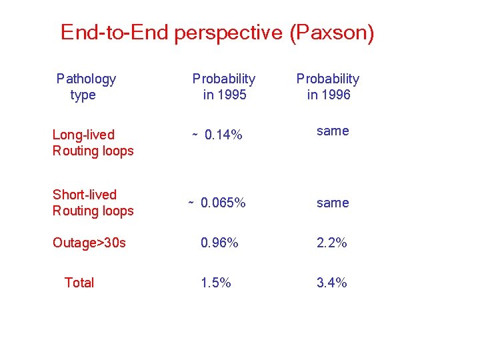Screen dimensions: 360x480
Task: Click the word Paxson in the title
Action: pyautogui.click(x=332, y=33)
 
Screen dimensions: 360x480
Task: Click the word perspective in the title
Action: pyautogui.click(x=229, y=33)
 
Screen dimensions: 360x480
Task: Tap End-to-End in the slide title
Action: pyautogui.click(x=115, y=33)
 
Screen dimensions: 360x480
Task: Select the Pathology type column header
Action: pyautogui.click(x=85, y=87)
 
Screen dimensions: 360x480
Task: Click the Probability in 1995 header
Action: pyautogui.click(x=224, y=87)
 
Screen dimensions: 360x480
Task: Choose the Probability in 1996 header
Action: pyautogui.click(x=328, y=87)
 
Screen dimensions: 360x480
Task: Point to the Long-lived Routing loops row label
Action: pyautogui.click(x=93, y=143)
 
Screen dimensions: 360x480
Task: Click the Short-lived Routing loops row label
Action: pyautogui.click(x=93, y=203)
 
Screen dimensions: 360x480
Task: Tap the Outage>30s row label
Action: pyautogui.click(x=89, y=243)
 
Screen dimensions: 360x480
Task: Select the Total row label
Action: pyautogui.click(x=79, y=283)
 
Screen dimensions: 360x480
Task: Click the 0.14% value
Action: pyautogui.click(x=223, y=135)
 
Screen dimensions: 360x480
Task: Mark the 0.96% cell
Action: pyautogui.click(x=219, y=243)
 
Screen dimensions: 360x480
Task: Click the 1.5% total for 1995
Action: pyautogui.click(x=216, y=283)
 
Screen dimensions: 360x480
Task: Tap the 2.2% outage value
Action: pyautogui.click(x=332, y=243)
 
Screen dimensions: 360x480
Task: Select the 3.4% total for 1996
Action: pyautogui.click(x=332, y=283)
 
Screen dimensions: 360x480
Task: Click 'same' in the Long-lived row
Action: pyautogui.click(x=333, y=131)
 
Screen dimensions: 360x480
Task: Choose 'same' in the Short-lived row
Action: pyautogui.click(x=333, y=203)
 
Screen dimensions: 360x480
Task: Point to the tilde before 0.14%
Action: pyautogui.click(x=195, y=135)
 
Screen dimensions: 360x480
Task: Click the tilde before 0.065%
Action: pyautogui.click(x=191, y=203)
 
